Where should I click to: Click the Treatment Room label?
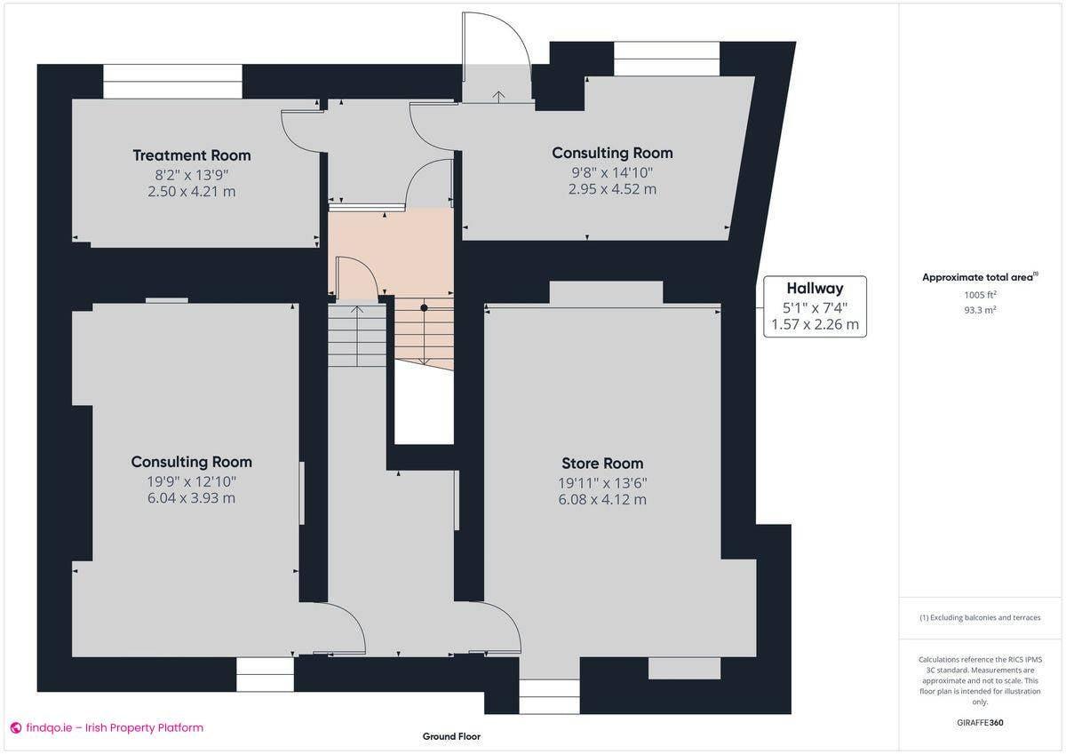(192, 155)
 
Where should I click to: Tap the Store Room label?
(602, 464)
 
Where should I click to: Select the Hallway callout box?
(814, 306)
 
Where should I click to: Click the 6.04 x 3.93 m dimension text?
(192, 498)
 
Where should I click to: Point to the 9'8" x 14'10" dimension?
(612, 172)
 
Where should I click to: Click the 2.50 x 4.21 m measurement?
(192, 191)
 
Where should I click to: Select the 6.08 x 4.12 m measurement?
(602, 499)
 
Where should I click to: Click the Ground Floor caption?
(451, 736)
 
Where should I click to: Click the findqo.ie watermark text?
(107, 728)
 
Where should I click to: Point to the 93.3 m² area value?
(980, 310)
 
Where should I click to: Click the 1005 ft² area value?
(980, 294)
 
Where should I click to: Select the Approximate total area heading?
(977, 277)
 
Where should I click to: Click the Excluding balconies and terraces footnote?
(980, 617)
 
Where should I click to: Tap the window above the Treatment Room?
(172, 81)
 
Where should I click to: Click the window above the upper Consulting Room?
(666, 59)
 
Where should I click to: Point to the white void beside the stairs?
(424, 404)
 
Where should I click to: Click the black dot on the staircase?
(425, 307)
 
